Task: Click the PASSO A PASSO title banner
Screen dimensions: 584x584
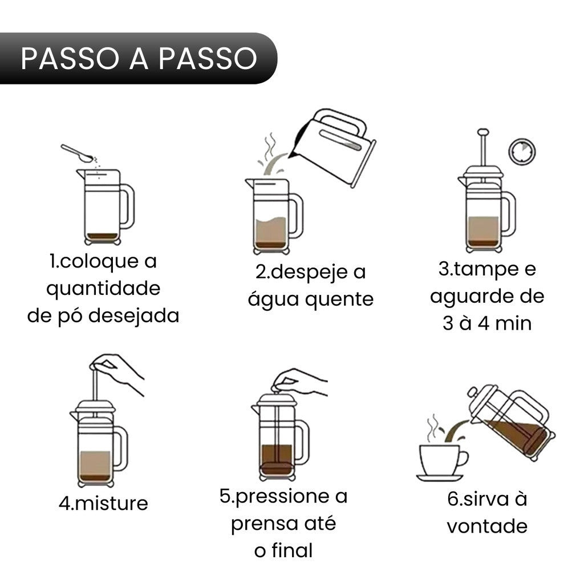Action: (x=139, y=58)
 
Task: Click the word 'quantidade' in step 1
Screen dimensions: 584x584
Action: (x=103, y=289)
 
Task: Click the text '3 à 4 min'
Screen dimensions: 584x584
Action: (x=487, y=323)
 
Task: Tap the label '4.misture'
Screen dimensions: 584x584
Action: (x=103, y=503)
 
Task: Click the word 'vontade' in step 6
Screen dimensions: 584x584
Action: (x=486, y=525)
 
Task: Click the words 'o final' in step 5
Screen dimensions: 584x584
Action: (x=283, y=550)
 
